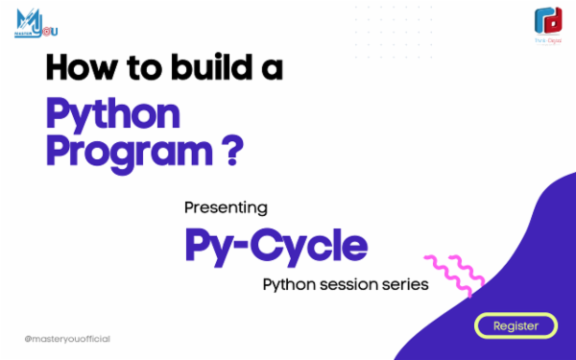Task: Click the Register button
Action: (x=516, y=326)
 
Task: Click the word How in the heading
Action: (x=78, y=67)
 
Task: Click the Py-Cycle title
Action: (x=276, y=246)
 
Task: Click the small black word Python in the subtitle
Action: (x=289, y=286)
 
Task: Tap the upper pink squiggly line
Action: (x=445, y=263)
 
